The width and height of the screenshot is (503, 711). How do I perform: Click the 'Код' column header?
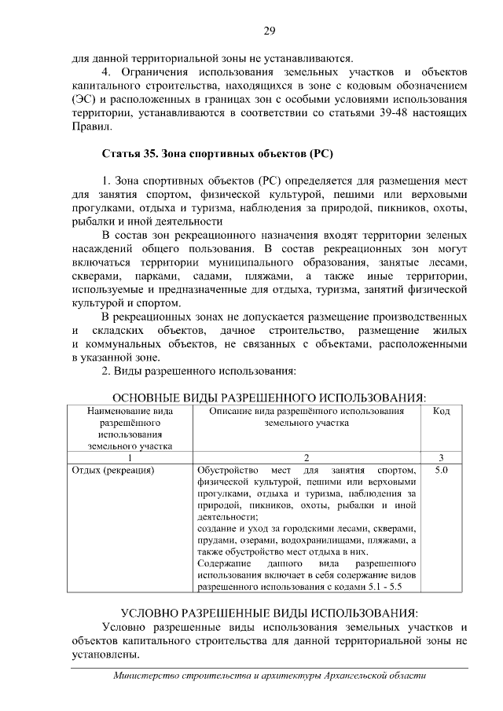coord(442,411)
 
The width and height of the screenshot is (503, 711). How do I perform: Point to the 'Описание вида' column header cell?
coord(307,411)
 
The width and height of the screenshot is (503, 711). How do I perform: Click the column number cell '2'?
coord(307,457)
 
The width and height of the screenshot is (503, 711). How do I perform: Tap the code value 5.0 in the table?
coord(441,471)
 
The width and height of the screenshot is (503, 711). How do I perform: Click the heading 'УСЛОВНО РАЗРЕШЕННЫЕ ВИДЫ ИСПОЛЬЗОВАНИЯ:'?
coord(269,612)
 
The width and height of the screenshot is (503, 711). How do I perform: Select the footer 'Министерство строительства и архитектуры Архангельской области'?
coord(269,676)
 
